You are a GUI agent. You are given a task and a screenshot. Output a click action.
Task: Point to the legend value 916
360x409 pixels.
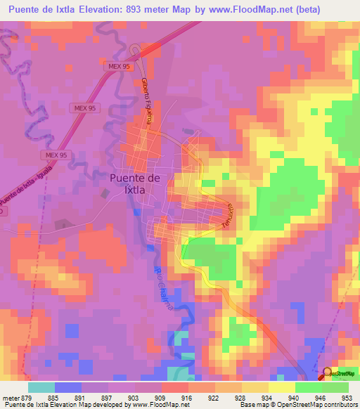(185, 397)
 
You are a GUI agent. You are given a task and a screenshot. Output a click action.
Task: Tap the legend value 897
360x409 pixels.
(105, 397)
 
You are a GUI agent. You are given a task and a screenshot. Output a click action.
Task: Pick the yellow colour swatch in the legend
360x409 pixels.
(281, 387)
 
